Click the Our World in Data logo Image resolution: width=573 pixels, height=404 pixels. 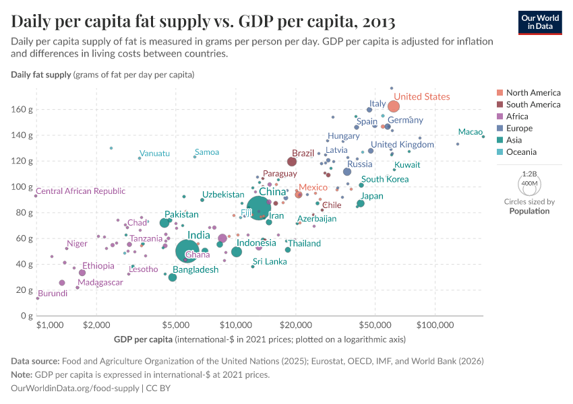point(539,22)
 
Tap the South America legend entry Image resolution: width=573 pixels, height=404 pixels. point(533,104)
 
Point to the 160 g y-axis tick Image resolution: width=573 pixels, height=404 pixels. point(21,109)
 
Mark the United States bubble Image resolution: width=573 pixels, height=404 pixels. point(394,106)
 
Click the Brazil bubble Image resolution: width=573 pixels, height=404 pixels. point(292,162)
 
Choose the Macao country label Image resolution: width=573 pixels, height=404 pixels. point(470,132)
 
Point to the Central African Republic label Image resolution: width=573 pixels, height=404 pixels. point(80,191)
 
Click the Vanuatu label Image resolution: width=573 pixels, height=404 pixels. point(154,154)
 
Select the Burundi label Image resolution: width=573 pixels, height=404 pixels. point(52,294)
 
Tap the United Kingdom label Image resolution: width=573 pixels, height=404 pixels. point(402,145)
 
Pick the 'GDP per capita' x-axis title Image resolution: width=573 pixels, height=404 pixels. point(143,338)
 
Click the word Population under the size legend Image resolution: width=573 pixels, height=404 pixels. point(529,211)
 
